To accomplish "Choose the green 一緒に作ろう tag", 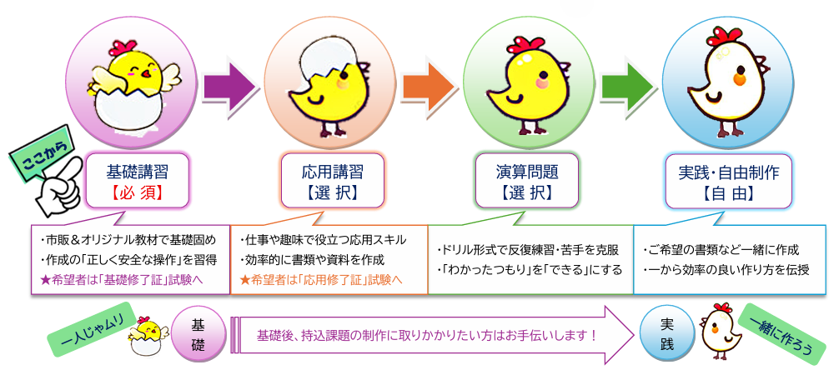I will coord(781,329).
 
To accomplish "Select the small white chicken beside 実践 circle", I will coord(718,331).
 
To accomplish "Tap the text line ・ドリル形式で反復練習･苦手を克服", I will coord(527,250).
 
